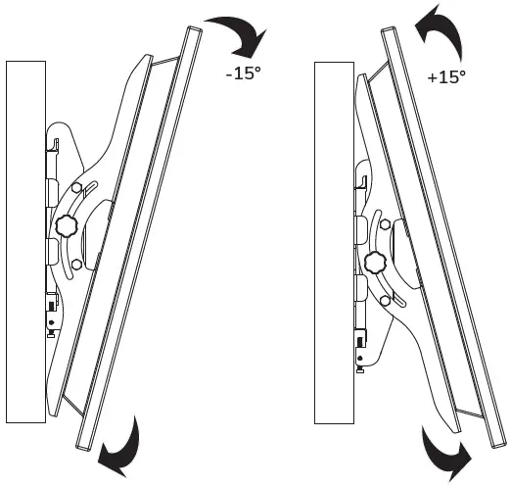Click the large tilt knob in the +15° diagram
coord(374,262)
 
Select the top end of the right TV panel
coord(390,37)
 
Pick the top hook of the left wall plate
coord(54,144)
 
